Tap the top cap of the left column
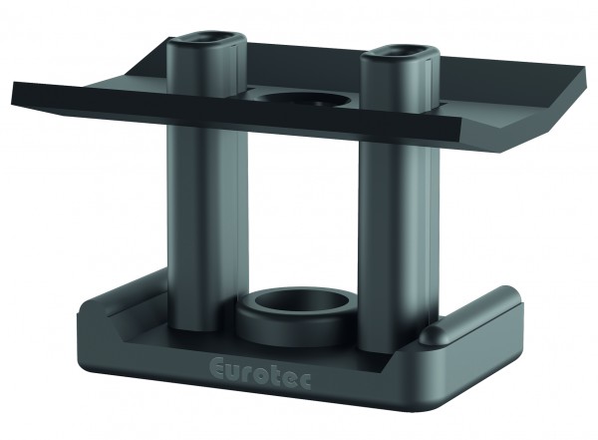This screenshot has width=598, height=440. (x=208, y=45)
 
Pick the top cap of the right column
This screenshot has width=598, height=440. (x=400, y=55)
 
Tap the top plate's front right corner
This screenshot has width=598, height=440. (x=454, y=130)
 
